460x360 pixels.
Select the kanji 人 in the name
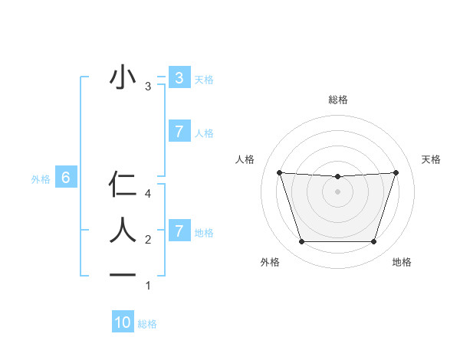click(123, 230)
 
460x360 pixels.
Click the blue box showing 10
click(123, 322)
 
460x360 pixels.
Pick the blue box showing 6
click(66, 178)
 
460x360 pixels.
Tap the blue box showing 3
click(179, 77)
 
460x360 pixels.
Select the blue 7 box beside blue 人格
click(179, 132)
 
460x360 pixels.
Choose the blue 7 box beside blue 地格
click(179, 231)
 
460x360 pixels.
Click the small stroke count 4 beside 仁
click(148, 195)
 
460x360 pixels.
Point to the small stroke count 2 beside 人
click(148, 240)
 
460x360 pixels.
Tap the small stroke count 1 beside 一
click(148, 286)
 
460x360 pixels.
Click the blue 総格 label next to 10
click(147, 324)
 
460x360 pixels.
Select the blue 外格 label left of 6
click(41, 179)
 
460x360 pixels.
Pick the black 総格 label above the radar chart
click(337, 100)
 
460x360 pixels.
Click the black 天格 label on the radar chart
click(431, 159)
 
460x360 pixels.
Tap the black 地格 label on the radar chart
click(402, 262)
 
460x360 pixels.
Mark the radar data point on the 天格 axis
click(396, 172)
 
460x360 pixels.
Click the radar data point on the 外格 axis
click(301, 242)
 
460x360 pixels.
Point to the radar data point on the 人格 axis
click(279, 172)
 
